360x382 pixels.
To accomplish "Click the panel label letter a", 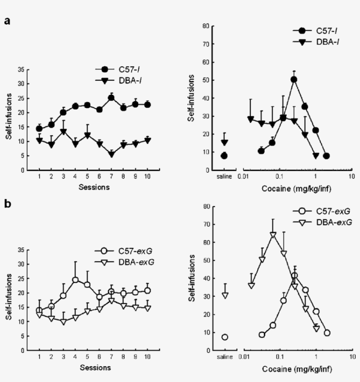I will point(7,21).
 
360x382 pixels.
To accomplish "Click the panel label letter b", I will point(7,205).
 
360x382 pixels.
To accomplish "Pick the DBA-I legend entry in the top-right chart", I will point(317,42).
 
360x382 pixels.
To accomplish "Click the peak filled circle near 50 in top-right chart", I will point(294,79).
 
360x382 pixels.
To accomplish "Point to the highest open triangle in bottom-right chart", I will point(273,235).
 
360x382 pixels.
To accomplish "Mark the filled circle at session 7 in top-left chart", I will point(111,98).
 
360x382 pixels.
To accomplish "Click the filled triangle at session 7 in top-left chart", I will point(111,154).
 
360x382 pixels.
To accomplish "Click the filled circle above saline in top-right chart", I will point(224,156).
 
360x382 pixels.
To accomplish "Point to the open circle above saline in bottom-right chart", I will point(225,337).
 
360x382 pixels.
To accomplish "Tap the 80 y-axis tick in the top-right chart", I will point(205,26).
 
